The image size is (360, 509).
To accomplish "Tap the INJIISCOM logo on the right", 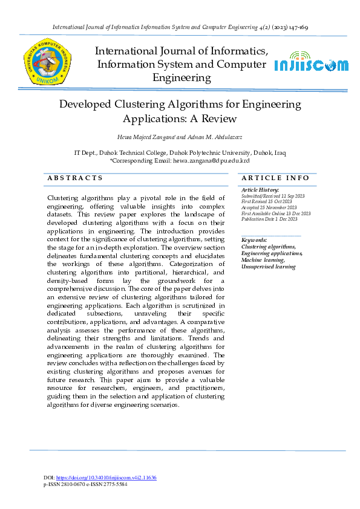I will [311, 65].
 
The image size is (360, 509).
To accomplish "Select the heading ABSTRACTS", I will [75, 178].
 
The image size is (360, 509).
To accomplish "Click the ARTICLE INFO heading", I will [275, 178].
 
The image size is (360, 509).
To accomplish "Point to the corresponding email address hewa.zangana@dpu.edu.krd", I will [211, 161].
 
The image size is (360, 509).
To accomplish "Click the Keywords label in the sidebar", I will [254, 241].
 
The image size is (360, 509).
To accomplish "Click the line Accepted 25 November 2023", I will [269, 207].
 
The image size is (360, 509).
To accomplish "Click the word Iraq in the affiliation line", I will [280, 154].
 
